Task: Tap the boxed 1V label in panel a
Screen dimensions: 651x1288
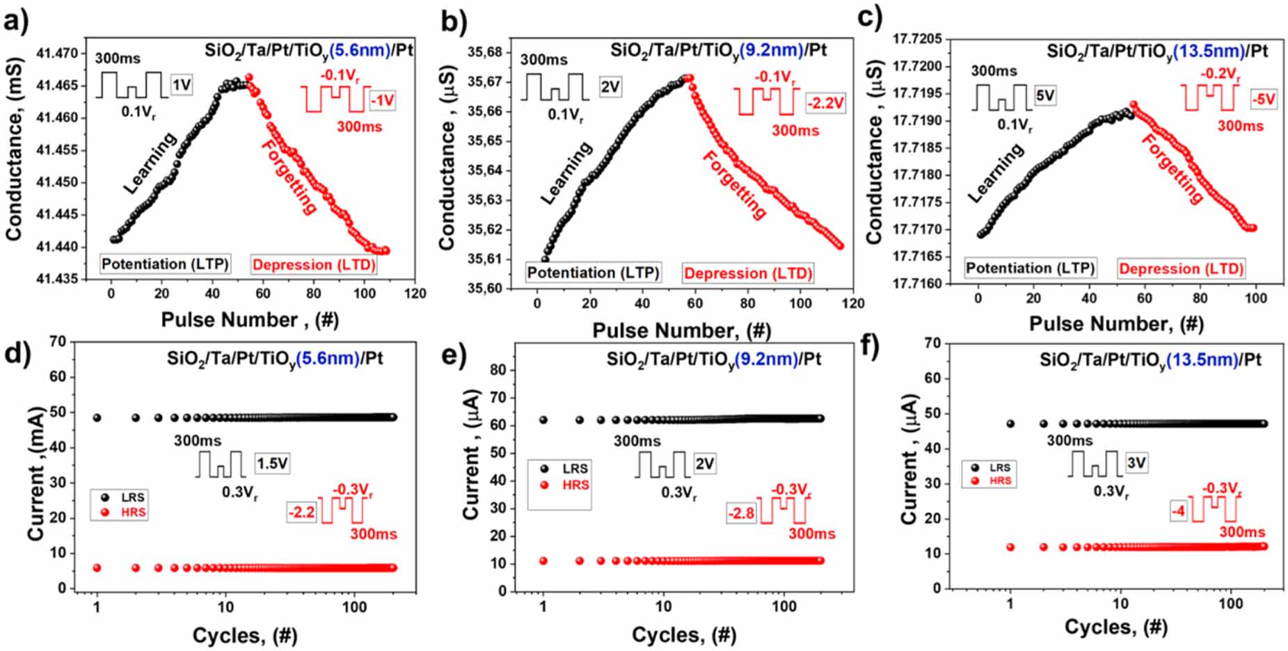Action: [181, 85]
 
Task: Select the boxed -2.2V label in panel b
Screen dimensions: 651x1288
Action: [826, 104]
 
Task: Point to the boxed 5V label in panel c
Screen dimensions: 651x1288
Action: [1044, 95]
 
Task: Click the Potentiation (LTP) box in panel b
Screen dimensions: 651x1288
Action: [593, 273]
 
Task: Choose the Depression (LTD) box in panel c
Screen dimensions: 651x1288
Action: [1181, 269]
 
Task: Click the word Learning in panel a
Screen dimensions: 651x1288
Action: [150, 163]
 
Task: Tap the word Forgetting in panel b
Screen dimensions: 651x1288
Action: [734, 185]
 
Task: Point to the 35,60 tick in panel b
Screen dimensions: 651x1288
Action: [485, 289]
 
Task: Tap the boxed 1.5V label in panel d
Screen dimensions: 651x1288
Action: [271, 463]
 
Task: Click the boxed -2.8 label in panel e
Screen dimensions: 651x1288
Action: [741, 513]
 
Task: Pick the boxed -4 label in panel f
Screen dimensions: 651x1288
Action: [1177, 512]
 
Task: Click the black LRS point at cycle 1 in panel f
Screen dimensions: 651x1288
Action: [1010, 424]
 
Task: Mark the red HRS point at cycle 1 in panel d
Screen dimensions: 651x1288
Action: [97, 568]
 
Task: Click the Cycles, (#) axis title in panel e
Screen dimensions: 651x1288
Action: [683, 634]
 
